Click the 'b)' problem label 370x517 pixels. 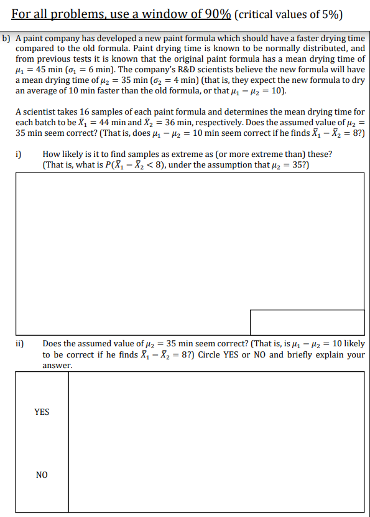point(7,39)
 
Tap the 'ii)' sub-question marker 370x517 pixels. point(21,343)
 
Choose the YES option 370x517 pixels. point(42,412)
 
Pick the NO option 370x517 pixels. point(42,475)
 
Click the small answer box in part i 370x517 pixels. point(307,322)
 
